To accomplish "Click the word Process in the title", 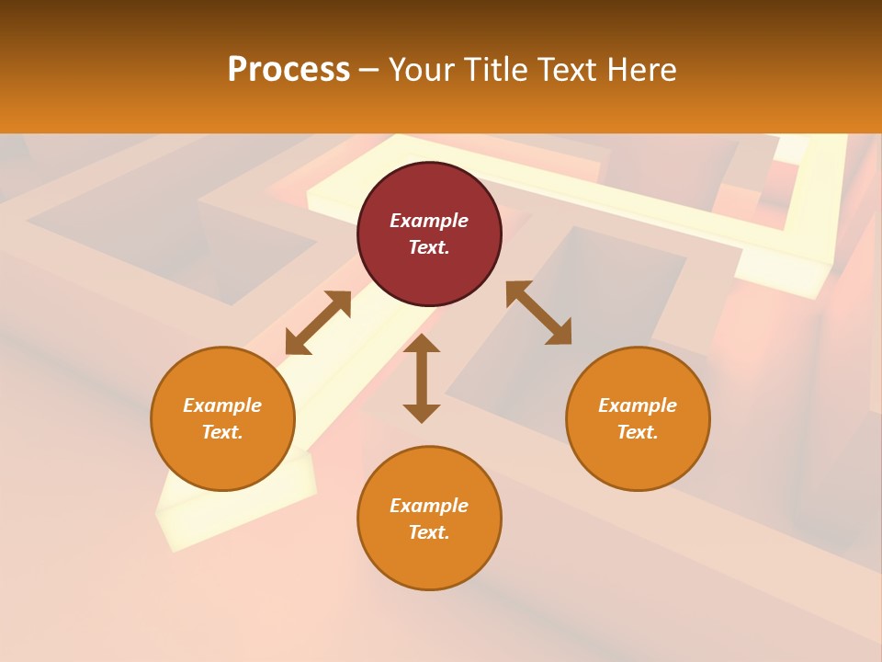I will pos(288,70).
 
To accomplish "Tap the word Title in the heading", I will pos(502,70).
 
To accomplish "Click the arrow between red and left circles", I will pos(318,323).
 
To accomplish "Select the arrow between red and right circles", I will pos(538,313).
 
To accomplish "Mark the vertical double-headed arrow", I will pos(422,378).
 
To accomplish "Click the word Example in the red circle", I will pos(429,221).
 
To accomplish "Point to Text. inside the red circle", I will pos(429,247).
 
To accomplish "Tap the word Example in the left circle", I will pos(222,405).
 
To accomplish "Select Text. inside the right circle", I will pos(638,432).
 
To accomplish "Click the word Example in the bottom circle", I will pos(429,506).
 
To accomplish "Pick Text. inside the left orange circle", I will pos(222,432).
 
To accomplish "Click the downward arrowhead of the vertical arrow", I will pos(422,413).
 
